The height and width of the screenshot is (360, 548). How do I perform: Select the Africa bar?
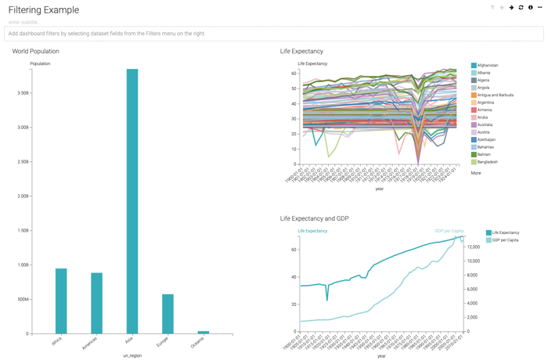[x=61, y=301]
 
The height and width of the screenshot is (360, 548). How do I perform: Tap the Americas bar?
[x=96, y=303]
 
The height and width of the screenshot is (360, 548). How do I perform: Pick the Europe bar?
[x=168, y=314]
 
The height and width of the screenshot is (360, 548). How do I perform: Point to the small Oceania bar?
[x=204, y=333]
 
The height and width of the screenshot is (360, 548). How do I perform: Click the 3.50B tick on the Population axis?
[x=23, y=93]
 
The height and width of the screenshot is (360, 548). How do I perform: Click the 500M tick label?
[x=22, y=300]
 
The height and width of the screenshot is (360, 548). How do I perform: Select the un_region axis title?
[x=132, y=355]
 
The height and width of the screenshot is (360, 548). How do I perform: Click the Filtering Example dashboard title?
[x=44, y=10]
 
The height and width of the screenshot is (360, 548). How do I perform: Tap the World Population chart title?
[x=35, y=52]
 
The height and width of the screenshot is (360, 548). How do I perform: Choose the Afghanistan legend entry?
[x=487, y=66]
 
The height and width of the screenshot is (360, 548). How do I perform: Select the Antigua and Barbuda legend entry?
[x=495, y=95]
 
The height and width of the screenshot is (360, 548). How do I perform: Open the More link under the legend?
[x=476, y=173]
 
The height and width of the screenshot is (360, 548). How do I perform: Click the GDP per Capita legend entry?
[x=505, y=240]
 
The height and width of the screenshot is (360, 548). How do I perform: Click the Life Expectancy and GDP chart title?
[x=314, y=219]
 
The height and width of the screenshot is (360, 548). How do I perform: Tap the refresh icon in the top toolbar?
[x=521, y=8]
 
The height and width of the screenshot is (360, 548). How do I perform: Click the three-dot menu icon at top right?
[x=539, y=8]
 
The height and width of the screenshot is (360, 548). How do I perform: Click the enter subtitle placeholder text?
[x=23, y=23]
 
